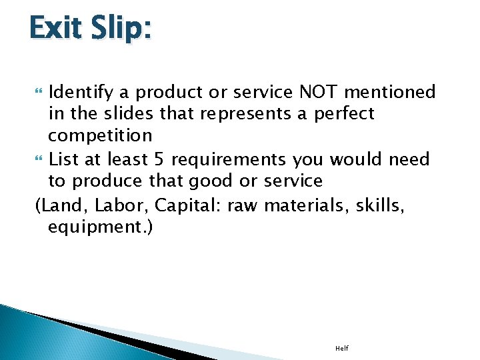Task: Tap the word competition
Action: (100, 136)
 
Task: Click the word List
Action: (63, 160)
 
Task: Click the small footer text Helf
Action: (342, 349)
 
